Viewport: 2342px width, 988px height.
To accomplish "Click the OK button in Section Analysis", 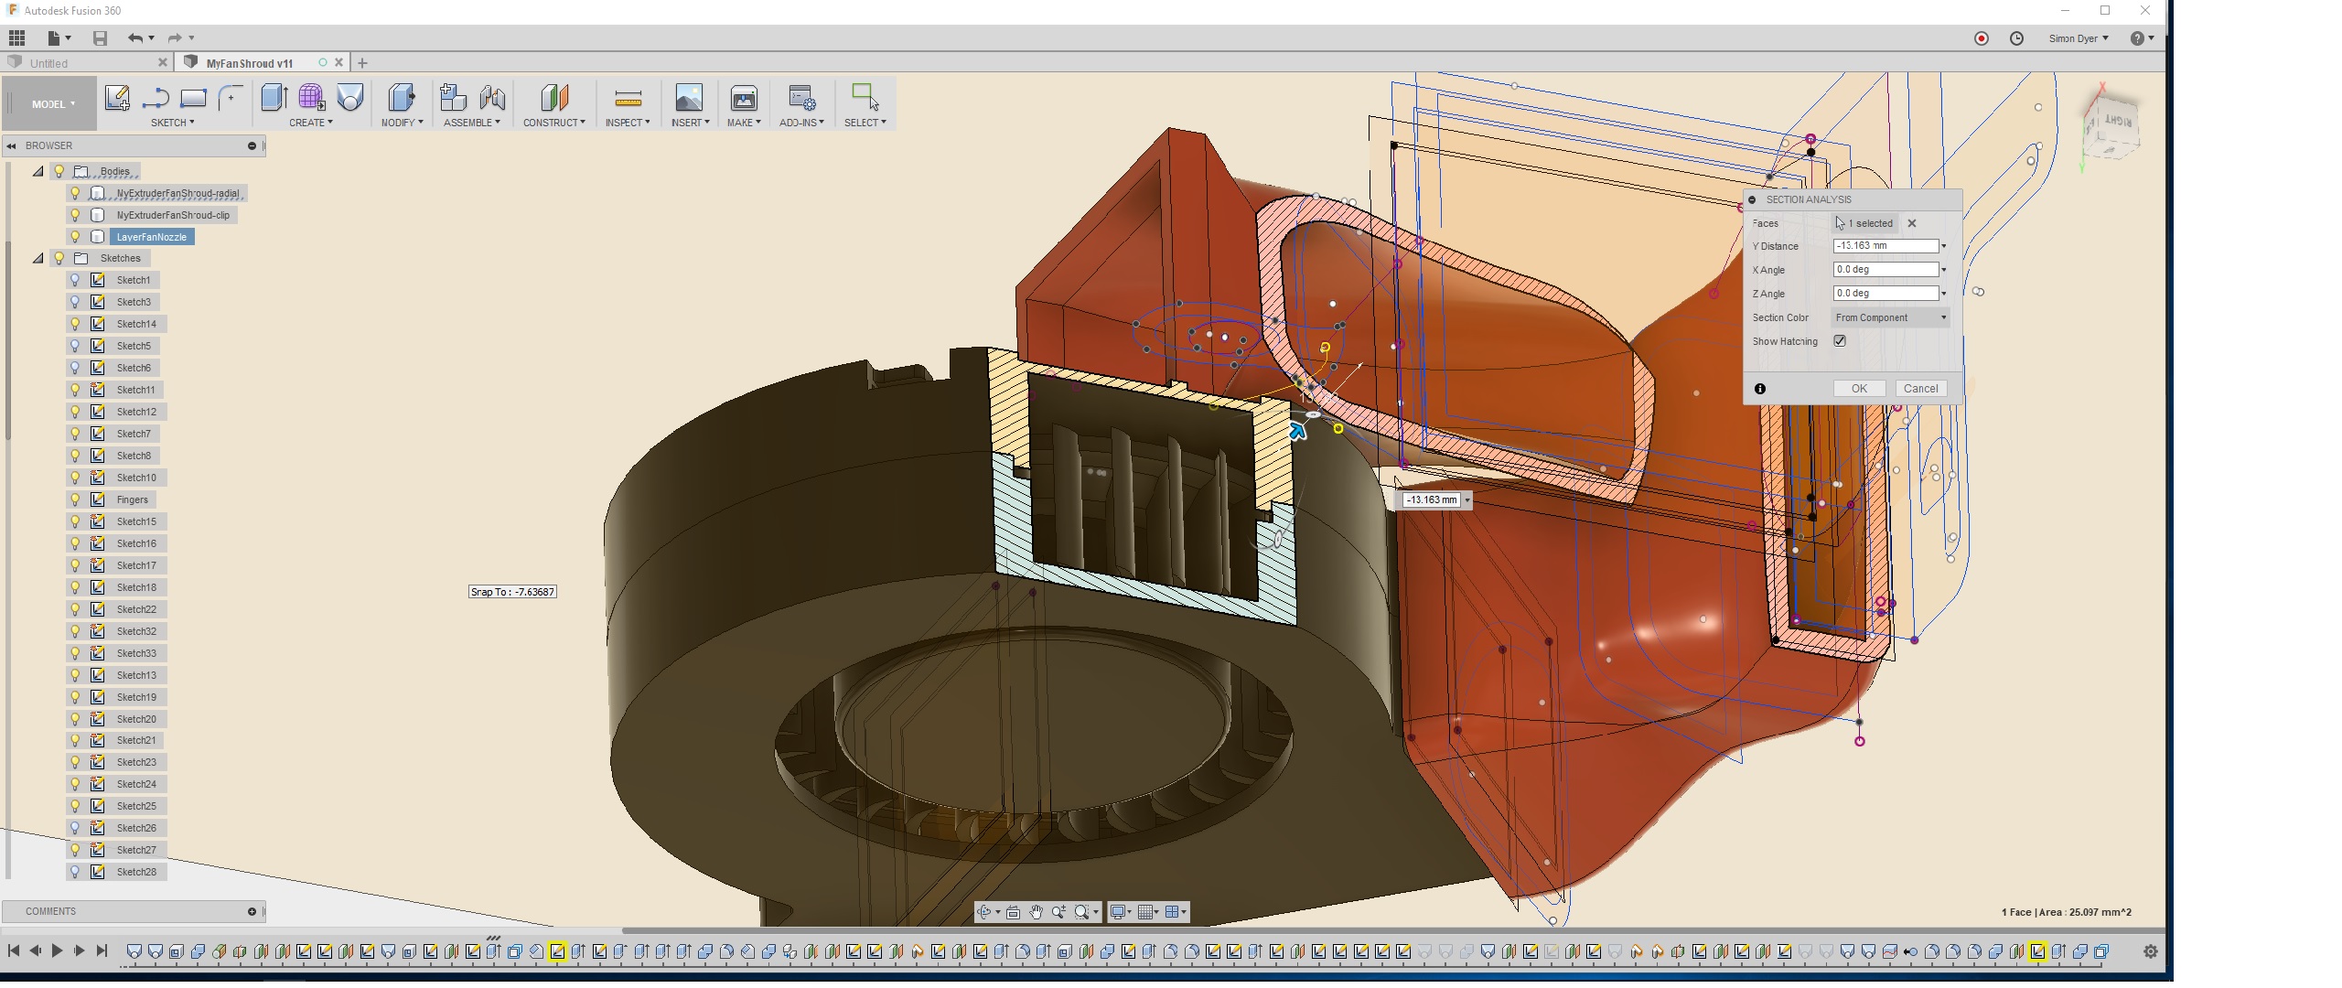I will [1858, 389].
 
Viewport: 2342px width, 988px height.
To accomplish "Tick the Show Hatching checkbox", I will [1840, 341].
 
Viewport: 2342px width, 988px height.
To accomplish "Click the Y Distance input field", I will [1885, 246].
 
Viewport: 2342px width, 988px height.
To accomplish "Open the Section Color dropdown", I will [1890, 317].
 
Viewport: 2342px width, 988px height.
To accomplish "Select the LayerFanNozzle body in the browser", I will [151, 237].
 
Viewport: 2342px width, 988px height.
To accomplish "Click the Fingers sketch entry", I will [132, 499].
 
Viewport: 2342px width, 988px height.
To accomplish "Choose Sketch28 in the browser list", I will [136, 872].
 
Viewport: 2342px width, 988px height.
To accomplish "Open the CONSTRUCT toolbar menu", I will [553, 123].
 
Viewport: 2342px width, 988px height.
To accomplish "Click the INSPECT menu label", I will [627, 123].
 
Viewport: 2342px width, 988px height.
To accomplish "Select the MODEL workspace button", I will [52, 104].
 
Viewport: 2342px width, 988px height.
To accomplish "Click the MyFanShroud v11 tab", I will [249, 63].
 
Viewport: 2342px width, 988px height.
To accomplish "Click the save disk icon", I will [100, 38].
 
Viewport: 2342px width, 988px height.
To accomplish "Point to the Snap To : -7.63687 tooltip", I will [512, 592].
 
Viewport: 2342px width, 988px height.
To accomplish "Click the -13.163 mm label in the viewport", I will [1431, 499].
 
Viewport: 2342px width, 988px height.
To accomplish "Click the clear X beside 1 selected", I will [1911, 223].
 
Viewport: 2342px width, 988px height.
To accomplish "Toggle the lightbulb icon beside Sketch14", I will [76, 324].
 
